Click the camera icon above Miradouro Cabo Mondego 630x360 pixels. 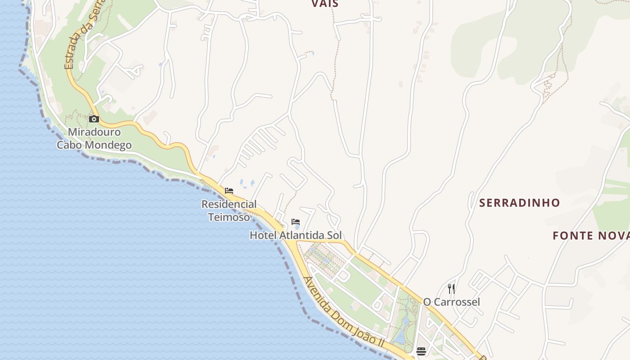[x=94, y=119]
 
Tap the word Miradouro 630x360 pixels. [x=94, y=132]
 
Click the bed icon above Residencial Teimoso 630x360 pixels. [x=229, y=191]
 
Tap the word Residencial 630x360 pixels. [x=229, y=204]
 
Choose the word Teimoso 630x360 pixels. [x=229, y=217]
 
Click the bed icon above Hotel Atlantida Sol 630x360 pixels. [x=296, y=222]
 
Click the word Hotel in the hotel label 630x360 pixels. [x=263, y=235]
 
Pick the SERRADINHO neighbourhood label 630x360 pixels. [x=519, y=203]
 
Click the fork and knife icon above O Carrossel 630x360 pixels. [x=451, y=289]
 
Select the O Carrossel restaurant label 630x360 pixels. [x=451, y=302]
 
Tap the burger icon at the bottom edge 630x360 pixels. [x=421, y=351]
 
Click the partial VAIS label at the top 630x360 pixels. [x=325, y=4]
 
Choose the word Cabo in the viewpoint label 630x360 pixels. [x=70, y=145]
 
